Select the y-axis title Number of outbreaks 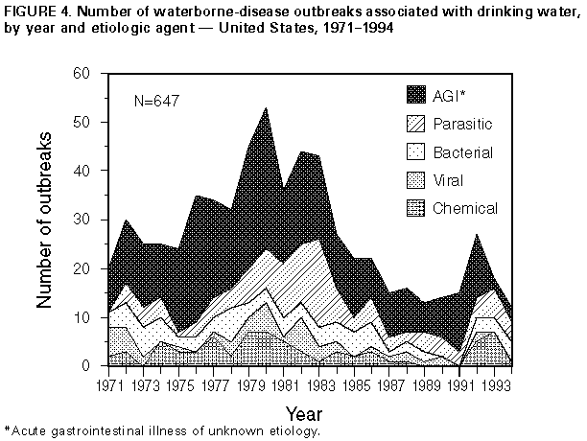click(43, 220)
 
